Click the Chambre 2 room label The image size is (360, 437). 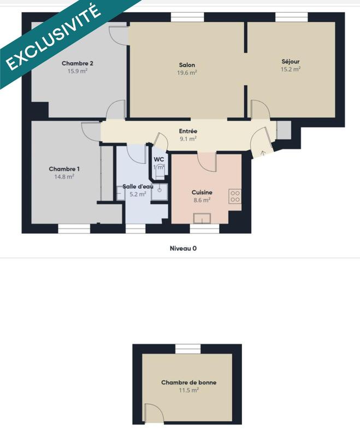click(77, 63)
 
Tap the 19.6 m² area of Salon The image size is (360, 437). click(187, 73)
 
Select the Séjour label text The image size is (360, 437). click(291, 61)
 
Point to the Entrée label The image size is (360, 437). click(188, 131)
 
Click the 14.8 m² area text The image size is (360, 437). click(63, 176)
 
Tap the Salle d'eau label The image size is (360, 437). click(137, 186)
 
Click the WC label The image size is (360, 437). click(159, 160)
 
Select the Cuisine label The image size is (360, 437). click(202, 192)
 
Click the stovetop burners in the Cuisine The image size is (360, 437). click(235, 196)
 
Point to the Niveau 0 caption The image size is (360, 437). click(183, 248)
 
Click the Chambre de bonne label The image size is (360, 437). click(188, 382)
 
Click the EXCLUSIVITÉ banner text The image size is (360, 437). click(53, 39)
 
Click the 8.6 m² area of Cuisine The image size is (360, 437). click(202, 200)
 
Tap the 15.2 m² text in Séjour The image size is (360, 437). click(291, 69)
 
